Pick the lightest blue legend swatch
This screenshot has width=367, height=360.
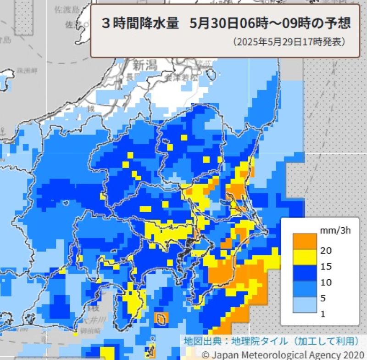pos(305,305)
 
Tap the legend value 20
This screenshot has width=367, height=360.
pos(327,250)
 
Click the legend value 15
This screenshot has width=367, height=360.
pos(327,266)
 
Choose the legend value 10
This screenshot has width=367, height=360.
pos(327,282)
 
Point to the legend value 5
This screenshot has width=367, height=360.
pos(324,298)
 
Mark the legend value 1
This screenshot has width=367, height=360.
pos(324,314)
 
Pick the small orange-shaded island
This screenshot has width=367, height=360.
pos(161,318)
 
